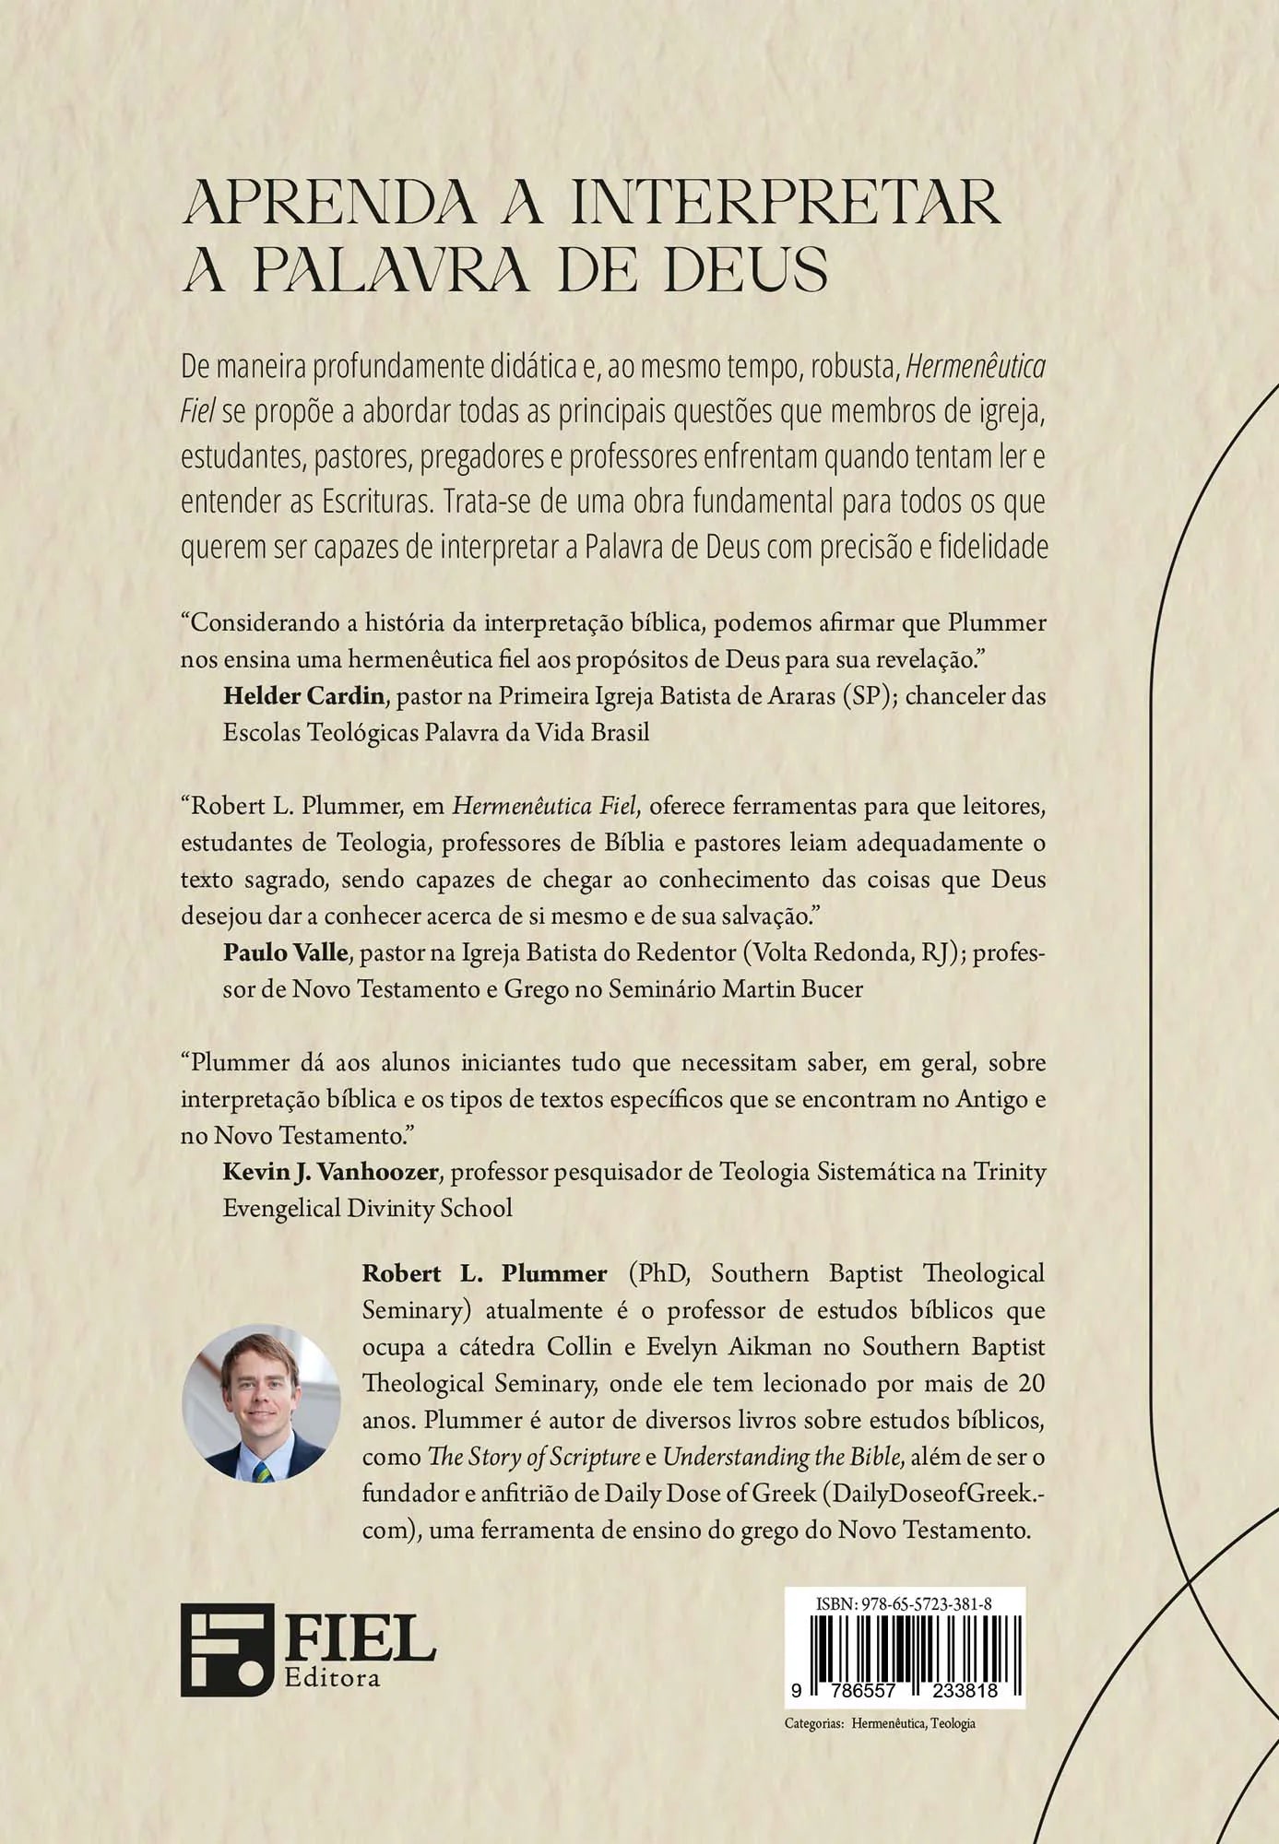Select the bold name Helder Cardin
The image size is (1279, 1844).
tap(303, 695)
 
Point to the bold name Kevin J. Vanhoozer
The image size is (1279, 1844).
tap(330, 1172)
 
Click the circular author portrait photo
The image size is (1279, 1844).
tap(261, 1401)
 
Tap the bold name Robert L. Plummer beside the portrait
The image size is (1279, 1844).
tap(484, 1273)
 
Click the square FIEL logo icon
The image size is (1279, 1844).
tap(227, 1649)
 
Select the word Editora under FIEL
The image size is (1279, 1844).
tap(332, 1676)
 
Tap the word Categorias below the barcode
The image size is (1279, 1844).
tap(813, 1723)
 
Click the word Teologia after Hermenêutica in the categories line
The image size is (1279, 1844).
tap(953, 1723)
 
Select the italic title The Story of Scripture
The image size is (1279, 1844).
tap(534, 1457)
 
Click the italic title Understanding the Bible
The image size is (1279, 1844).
tap(781, 1457)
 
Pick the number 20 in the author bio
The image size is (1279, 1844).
tap(1030, 1383)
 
